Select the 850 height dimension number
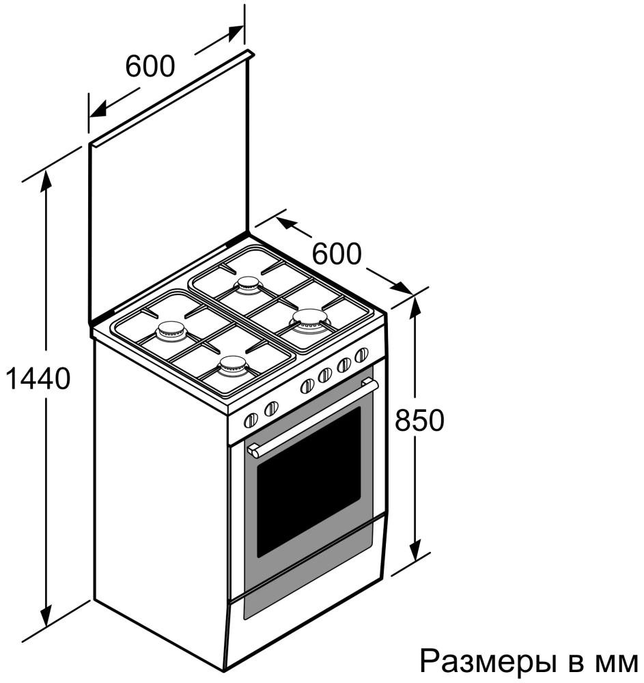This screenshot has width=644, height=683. point(419,420)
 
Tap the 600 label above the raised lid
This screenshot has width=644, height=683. point(150,66)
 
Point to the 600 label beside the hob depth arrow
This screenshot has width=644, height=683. point(336,254)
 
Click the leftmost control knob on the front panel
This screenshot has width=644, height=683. point(251,420)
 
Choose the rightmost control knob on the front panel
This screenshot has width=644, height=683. point(361,354)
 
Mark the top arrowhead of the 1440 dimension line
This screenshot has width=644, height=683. point(46,176)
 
